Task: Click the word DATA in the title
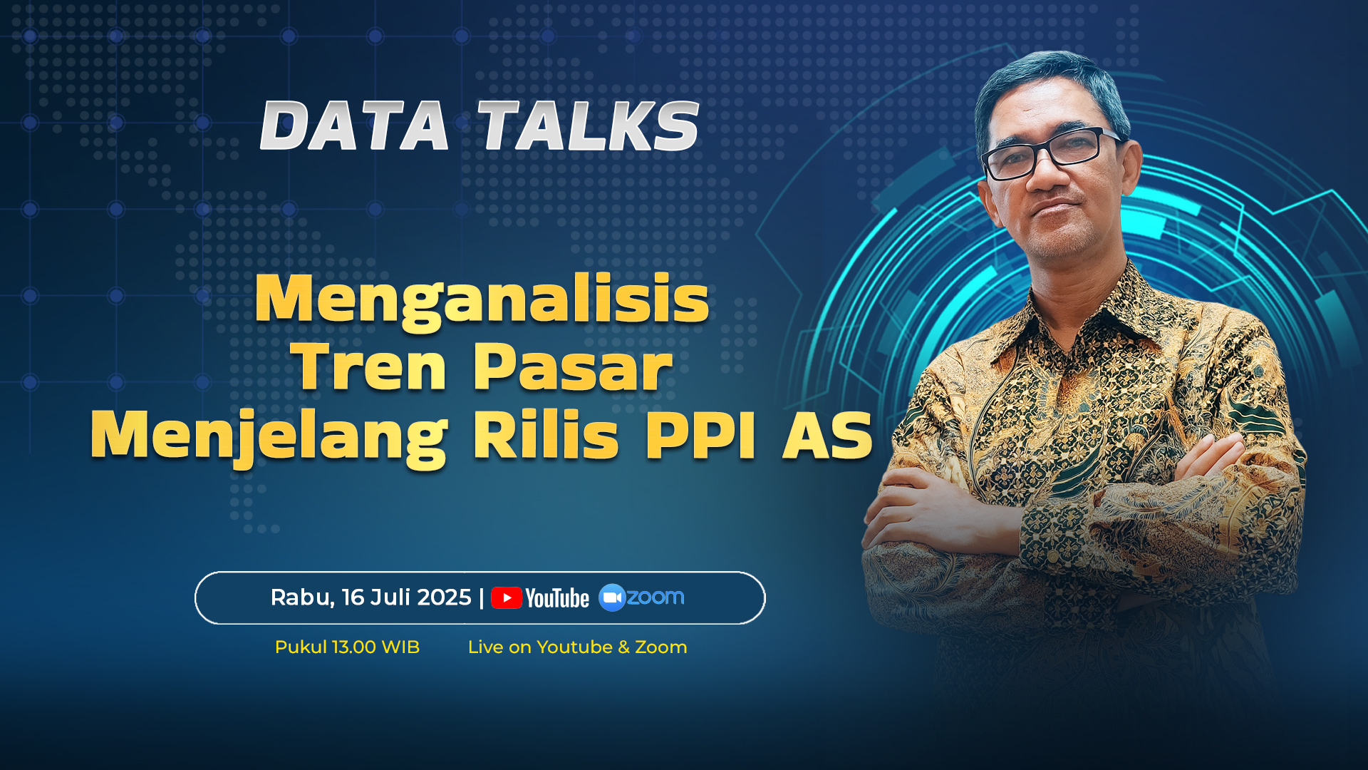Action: pos(355,125)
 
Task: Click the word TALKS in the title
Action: pos(589,125)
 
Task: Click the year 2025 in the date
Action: pos(445,597)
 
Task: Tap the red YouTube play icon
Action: pos(507,597)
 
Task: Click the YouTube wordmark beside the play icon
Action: pos(557,598)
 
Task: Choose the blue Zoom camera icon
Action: pos(612,597)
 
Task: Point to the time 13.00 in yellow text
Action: pos(354,647)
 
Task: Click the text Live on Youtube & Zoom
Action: pos(577,647)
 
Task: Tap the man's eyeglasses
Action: pos(1051,154)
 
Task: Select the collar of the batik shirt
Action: pos(1069,314)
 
